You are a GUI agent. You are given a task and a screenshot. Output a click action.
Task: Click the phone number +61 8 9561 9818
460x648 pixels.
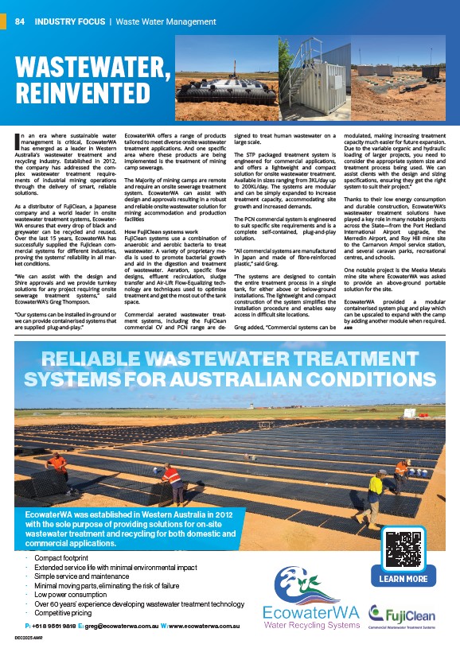coord(50,628)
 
